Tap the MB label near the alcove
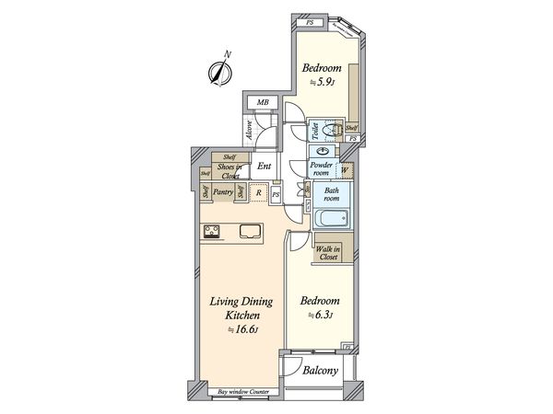pos(263,102)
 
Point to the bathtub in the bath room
pos(331,219)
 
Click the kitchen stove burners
pos(211,230)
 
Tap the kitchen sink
pos(251,231)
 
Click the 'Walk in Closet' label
pos(329,252)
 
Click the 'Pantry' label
pos(222,192)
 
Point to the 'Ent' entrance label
pos(264,167)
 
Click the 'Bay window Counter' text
pos(242,393)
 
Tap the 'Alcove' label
pos(251,135)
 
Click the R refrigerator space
pos(259,192)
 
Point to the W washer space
pos(344,169)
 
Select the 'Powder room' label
pos(322,167)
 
